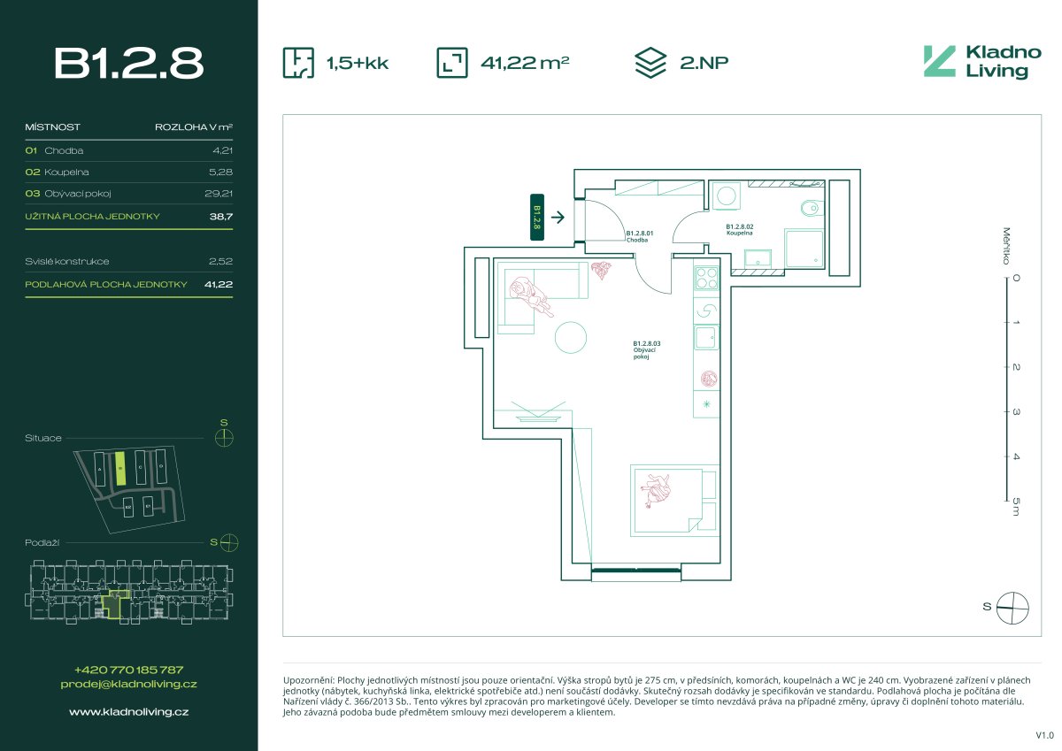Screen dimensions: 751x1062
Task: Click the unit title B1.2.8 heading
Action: pyautogui.click(x=129, y=63)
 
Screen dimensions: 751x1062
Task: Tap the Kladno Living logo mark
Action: pyautogui.click(x=939, y=61)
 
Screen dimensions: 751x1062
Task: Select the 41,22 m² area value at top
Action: pyautogui.click(x=524, y=63)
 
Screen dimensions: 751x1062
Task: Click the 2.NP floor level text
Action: pyautogui.click(x=704, y=63)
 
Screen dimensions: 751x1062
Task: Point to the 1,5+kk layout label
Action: pyautogui.click(x=358, y=63)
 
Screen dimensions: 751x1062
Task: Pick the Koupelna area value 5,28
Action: pyautogui.click(x=218, y=172)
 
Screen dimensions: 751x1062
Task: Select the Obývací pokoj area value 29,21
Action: pyautogui.click(x=218, y=194)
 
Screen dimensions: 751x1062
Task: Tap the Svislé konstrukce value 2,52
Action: pyautogui.click(x=219, y=262)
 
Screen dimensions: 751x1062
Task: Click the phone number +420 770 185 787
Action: pyautogui.click(x=129, y=670)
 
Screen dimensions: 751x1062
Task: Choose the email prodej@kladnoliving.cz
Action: pyautogui.click(x=129, y=684)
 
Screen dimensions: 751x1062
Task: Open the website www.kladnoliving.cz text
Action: pyautogui.click(x=129, y=710)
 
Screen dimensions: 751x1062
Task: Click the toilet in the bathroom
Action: pyautogui.click(x=809, y=210)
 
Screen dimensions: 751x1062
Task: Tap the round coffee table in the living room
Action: pyautogui.click(x=570, y=337)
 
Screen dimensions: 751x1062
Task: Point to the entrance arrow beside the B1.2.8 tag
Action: pyautogui.click(x=558, y=216)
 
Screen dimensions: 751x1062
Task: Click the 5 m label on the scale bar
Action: pyautogui.click(x=1015, y=506)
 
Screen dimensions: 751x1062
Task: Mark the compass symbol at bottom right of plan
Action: pyautogui.click(x=1013, y=607)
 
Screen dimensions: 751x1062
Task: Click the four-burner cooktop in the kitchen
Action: pyautogui.click(x=705, y=278)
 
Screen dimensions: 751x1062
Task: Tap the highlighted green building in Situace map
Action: pyautogui.click(x=119, y=469)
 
